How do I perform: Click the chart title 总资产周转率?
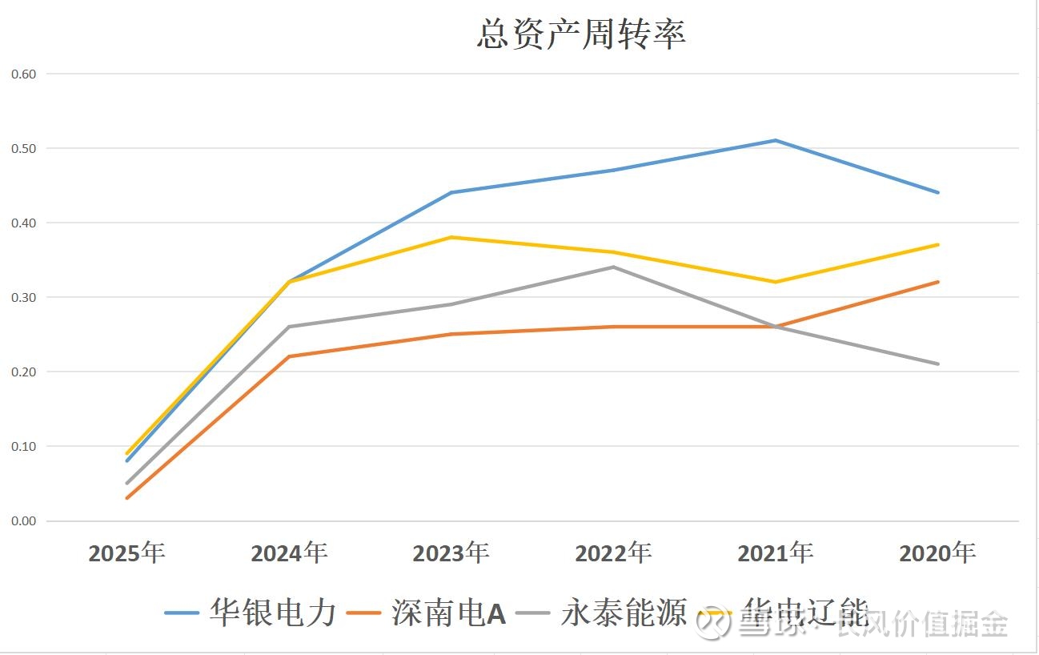581,35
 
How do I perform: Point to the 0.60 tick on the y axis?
24,74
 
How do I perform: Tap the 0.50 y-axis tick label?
24,148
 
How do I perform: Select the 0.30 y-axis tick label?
24,297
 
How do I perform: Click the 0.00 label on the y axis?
24,520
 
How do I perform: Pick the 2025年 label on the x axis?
126,553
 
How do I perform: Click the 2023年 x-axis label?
451,553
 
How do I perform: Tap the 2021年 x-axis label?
775,553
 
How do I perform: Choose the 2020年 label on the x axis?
937,553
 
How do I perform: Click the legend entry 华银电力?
272,613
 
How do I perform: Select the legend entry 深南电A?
448,613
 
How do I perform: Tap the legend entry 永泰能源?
624,613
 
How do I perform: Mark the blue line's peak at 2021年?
775,141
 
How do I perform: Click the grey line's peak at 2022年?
613,267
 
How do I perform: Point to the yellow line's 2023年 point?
451,237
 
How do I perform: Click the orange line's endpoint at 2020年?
937,282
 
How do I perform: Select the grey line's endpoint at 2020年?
937,364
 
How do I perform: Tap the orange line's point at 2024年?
289,356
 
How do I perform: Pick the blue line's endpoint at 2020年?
937,192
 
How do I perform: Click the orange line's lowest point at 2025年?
126,498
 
